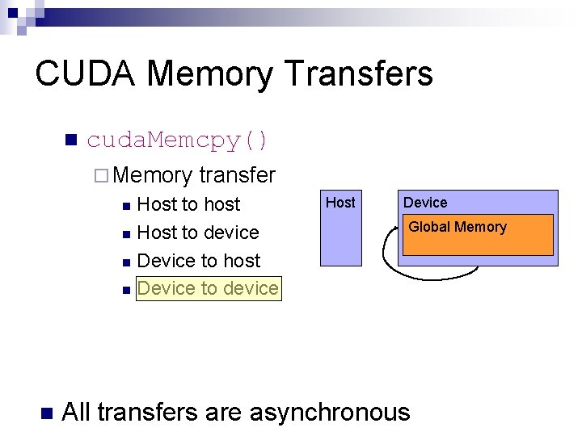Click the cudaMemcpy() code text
[x=178, y=140]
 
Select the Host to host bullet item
[x=189, y=204]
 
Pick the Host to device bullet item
[x=198, y=233]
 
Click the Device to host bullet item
[x=199, y=261]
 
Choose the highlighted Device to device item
[x=209, y=288]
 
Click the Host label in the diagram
[x=340, y=203]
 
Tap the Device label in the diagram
[x=425, y=203]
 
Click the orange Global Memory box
[x=478, y=235]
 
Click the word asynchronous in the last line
[x=330, y=413]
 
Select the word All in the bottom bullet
[x=77, y=413]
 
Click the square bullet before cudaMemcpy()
[x=70, y=140]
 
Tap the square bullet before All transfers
[x=45, y=413]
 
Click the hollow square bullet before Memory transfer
[x=100, y=175]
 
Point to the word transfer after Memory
[x=237, y=174]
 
